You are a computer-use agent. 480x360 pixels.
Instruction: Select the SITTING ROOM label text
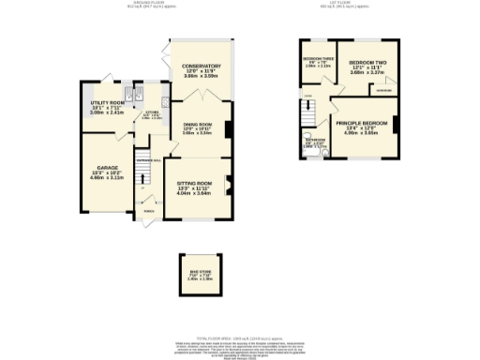pyautogui.click(x=195, y=185)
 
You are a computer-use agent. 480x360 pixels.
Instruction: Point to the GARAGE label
pyautogui.click(x=107, y=172)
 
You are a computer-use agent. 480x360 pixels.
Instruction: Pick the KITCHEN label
pyautogui.click(x=150, y=115)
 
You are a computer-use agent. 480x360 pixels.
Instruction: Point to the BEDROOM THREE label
pyautogui.click(x=318, y=60)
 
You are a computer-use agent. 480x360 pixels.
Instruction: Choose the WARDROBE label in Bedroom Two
pyautogui.click(x=384, y=91)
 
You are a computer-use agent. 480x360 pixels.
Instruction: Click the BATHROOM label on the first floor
pyautogui.click(x=316, y=142)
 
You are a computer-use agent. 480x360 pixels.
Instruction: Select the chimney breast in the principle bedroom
pyautogui.click(x=398, y=124)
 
